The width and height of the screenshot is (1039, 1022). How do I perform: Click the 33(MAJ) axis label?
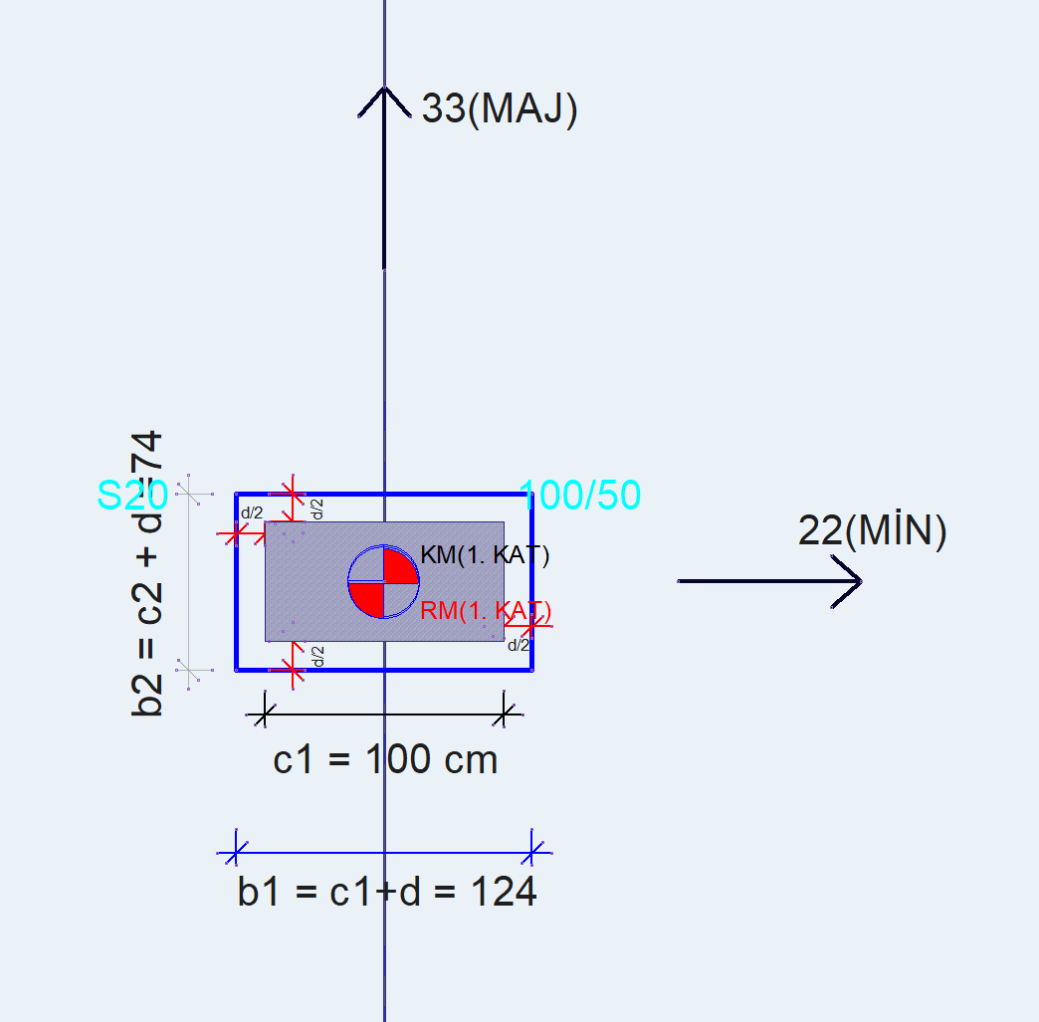pos(500,108)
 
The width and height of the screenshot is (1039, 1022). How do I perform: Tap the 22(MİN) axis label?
pos(872,531)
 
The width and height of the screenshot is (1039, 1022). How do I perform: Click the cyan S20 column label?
pos(131,495)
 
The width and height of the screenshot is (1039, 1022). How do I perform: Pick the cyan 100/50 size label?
pos(580,495)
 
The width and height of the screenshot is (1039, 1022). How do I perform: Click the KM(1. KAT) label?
pos(485,555)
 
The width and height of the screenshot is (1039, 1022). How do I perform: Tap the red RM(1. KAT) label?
pos(486,610)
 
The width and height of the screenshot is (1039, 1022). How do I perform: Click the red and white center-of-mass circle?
pos(383,582)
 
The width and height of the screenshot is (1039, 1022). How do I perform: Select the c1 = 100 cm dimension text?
pos(385,760)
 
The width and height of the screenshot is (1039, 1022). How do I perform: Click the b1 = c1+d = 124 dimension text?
pos(387,892)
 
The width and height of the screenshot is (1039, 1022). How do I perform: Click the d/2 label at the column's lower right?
pos(519,645)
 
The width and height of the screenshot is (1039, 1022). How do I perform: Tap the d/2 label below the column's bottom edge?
pos(317,657)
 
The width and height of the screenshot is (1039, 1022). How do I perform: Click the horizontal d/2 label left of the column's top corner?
pos(252,513)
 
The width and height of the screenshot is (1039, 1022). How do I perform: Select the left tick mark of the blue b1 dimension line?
pos(236,852)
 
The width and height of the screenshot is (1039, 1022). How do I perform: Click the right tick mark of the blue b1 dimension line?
pos(533,852)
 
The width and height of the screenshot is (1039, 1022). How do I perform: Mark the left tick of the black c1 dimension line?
pos(264,714)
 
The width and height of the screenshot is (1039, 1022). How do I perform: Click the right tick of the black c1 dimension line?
pos(507,714)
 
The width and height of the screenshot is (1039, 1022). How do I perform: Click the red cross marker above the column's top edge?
pos(292,492)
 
